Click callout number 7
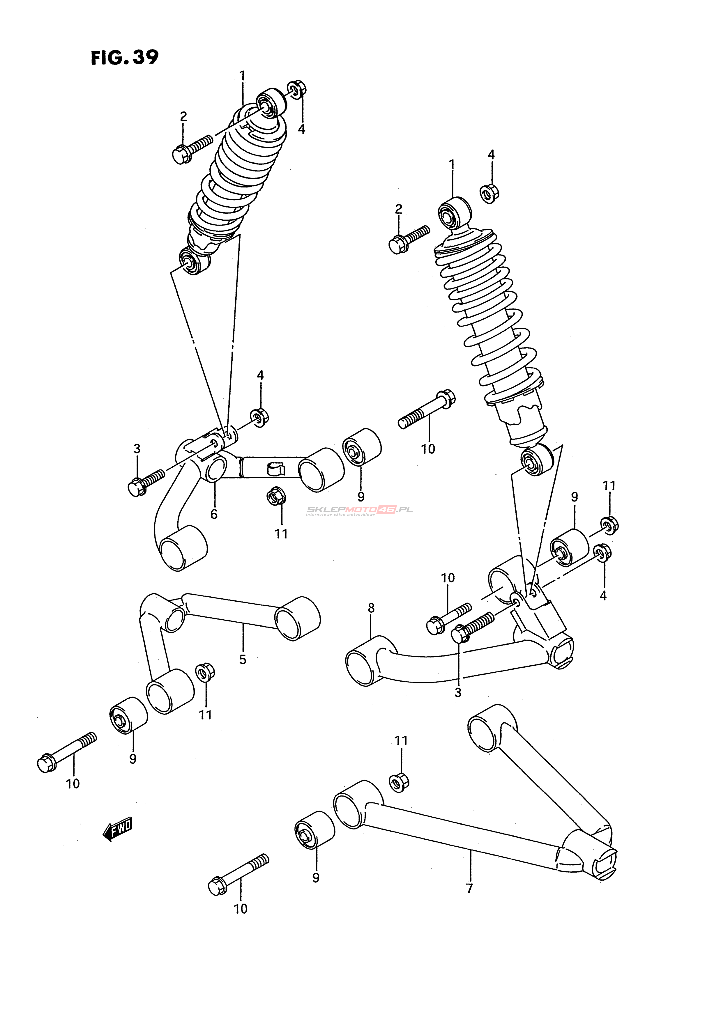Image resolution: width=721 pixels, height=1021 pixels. point(469,889)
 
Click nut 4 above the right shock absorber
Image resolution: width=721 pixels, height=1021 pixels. point(490,193)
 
